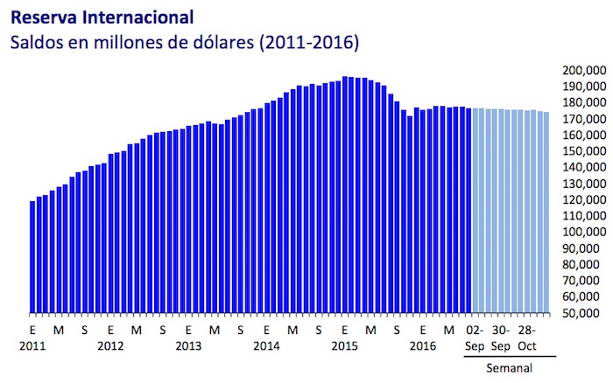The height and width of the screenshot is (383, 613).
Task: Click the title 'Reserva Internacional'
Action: (x=103, y=17)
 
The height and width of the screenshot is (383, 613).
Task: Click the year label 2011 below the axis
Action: (x=32, y=345)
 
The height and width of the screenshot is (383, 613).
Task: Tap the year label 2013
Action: (x=188, y=345)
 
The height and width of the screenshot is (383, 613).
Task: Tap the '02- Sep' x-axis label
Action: (x=474, y=337)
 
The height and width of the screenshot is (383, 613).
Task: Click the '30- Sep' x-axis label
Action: (x=500, y=337)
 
